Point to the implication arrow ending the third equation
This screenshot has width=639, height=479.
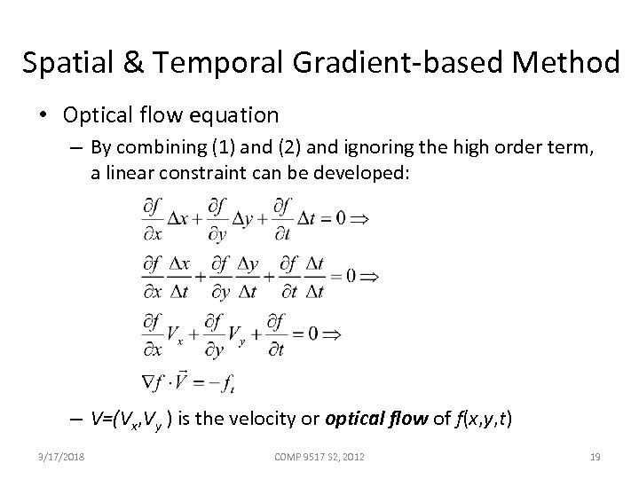[x=332, y=334]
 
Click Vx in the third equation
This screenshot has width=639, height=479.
[x=176, y=335]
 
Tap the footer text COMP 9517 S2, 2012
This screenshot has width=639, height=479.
[x=319, y=457]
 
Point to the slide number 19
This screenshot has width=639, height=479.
[x=596, y=457]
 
